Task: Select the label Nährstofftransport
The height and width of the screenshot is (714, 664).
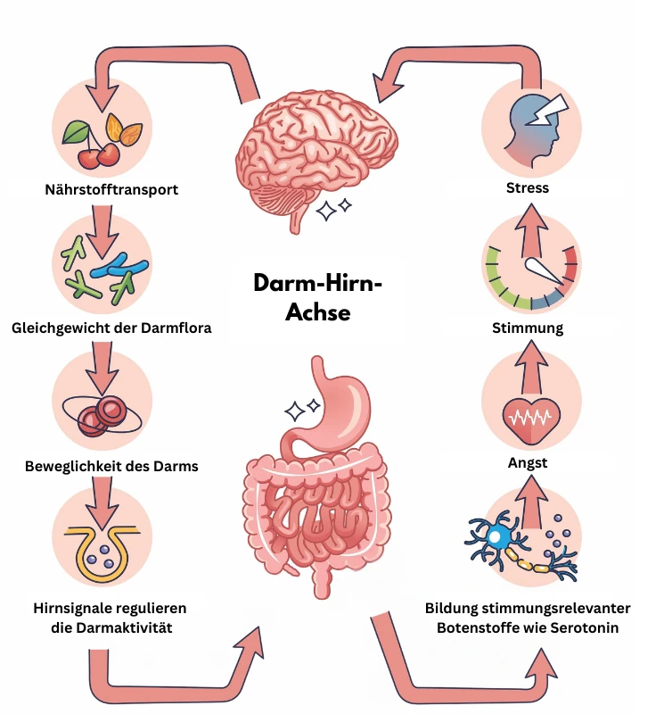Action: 111,189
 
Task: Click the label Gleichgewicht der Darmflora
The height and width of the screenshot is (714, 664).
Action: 112,328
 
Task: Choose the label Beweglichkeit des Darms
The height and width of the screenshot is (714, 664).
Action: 111,466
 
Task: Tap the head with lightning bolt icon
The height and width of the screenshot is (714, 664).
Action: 529,126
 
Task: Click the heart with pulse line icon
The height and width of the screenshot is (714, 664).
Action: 529,417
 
